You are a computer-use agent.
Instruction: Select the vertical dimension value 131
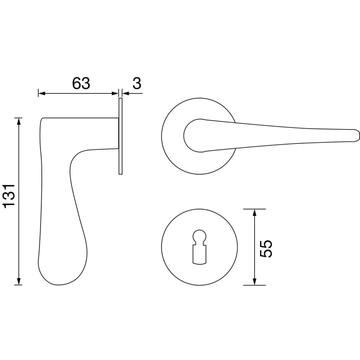point(9,196)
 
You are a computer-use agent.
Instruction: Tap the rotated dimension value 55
point(266,249)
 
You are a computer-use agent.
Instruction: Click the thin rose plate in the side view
point(120,136)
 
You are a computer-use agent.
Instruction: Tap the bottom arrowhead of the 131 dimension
point(19,280)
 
